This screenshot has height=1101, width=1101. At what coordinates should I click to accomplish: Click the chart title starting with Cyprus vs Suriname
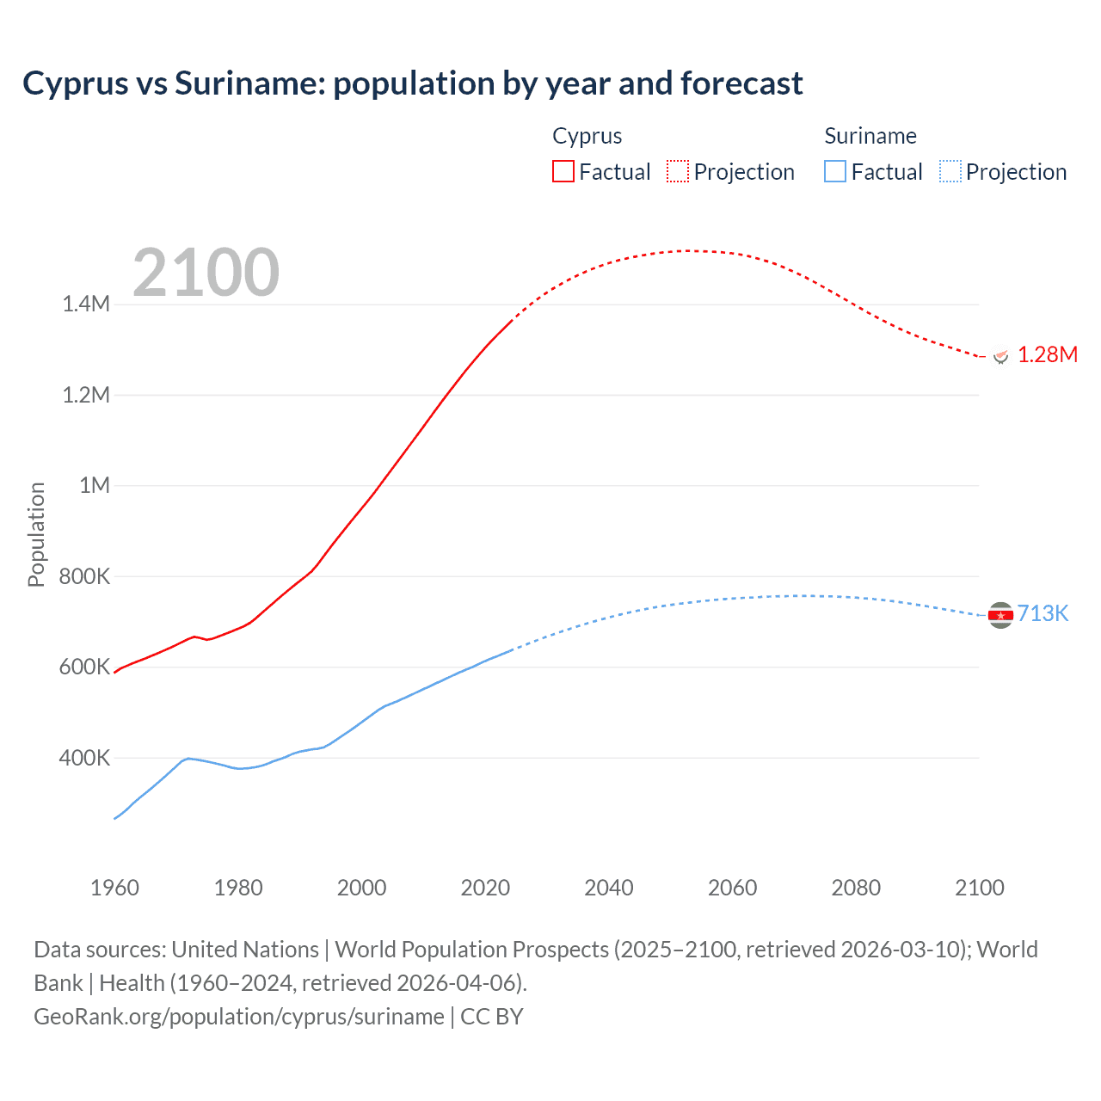pos(412,83)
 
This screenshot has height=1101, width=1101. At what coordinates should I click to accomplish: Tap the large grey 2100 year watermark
pos(206,273)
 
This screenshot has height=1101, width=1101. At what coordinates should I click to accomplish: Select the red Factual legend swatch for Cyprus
pos(563,171)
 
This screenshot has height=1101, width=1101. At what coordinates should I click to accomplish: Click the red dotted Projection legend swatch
pos(678,171)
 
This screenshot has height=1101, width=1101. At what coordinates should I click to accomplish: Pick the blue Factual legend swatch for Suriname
pos(835,171)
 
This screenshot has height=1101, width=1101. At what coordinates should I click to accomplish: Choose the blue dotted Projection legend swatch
pos(950,171)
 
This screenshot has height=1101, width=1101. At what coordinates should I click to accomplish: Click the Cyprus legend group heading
pos(587,136)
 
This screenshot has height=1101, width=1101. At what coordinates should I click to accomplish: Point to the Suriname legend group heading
pos(870,136)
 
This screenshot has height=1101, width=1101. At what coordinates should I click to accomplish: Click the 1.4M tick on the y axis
pos(86,304)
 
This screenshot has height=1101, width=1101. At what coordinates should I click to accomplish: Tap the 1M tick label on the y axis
pos(95,485)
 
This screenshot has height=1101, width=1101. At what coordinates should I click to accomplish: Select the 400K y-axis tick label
pos(84,758)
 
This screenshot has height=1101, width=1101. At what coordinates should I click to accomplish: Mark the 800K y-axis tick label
pos(84,576)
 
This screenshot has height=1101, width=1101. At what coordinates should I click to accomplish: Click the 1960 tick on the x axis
pos(114,888)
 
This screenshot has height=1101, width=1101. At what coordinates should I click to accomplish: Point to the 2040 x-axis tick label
pos(609,888)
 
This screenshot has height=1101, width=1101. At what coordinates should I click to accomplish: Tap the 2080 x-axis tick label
pos(856,888)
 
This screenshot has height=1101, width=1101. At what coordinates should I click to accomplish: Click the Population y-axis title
pos(36,534)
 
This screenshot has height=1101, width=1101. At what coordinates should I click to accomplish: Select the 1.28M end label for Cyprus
pos(1048,354)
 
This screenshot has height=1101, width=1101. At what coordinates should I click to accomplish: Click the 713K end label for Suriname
pos(1043,613)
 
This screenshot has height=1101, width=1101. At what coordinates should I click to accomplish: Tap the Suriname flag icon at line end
pos(1000,615)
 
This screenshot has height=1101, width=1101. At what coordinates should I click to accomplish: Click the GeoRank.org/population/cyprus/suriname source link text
pos(239,1016)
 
